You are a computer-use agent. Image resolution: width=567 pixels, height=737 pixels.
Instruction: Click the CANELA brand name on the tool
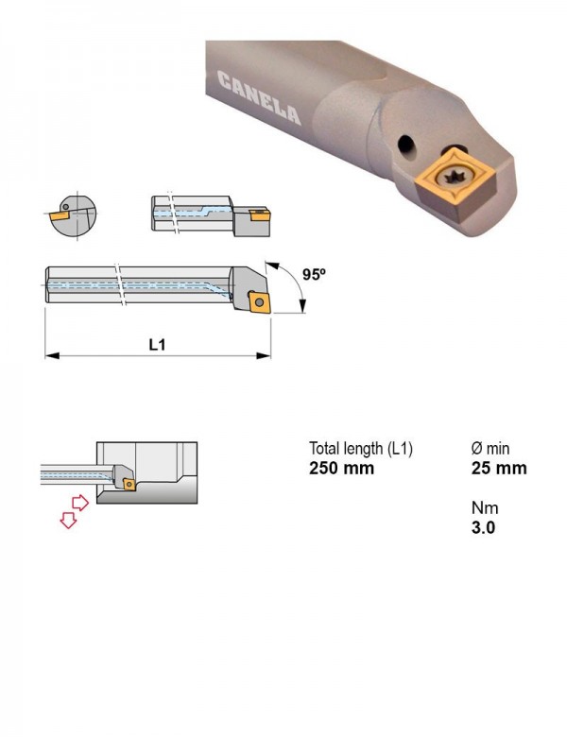click(259, 98)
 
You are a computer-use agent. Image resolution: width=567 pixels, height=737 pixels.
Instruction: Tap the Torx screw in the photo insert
click(453, 179)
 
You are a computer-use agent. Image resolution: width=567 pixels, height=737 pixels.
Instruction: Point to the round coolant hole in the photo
click(406, 145)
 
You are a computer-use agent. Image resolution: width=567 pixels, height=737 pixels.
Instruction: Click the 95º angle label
click(314, 274)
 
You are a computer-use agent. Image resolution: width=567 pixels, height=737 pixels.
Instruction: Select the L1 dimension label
click(158, 345)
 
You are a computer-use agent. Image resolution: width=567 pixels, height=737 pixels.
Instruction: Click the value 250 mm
click(341, 468)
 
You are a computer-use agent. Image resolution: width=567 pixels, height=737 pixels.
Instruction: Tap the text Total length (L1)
click(361, 449)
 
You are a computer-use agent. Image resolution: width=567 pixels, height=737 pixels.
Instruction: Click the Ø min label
click(490, 449)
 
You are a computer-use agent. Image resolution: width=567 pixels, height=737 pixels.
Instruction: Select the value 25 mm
click(499, 468)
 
